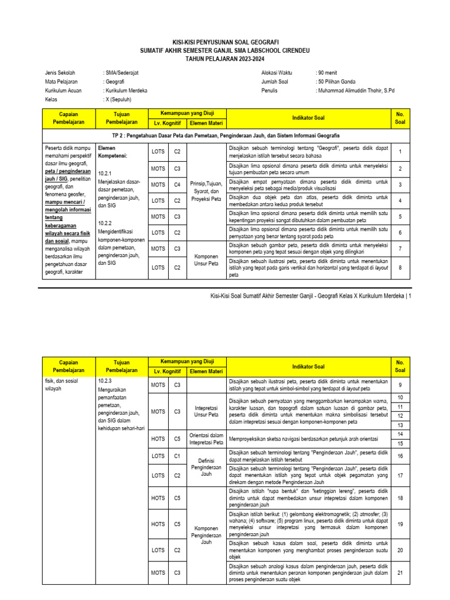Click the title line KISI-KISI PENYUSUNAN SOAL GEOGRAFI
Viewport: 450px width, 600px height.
225,43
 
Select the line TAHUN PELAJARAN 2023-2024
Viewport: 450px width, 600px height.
225,59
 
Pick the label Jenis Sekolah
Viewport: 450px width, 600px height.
61,73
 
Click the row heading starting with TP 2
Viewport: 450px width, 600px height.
225,135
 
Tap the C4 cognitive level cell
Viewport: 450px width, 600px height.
176,185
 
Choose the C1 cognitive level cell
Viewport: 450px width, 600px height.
176,455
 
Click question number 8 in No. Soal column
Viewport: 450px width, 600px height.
400,267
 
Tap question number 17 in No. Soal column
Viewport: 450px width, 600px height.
400,476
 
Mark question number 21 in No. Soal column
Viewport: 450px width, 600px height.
400,572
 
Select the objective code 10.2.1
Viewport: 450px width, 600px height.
105,173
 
